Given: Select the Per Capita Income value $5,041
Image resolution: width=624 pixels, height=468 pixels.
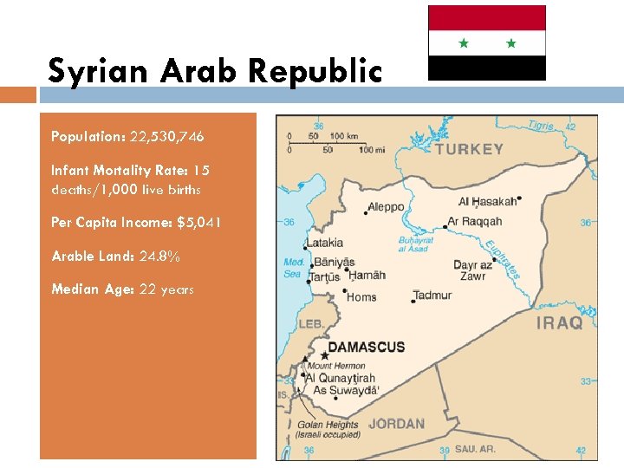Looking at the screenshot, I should pyautogui.click(x=198, y=223).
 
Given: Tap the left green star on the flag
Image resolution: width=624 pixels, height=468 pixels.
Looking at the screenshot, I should pyautogui.click(x=463, y=42).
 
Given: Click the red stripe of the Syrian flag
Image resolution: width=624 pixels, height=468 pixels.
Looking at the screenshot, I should pyautogui.click(x=486, y=18).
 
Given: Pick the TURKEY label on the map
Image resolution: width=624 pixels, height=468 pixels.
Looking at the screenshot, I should pyautogui.click(x=469, y=149).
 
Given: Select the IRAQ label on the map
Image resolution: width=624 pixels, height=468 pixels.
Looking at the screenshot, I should pyautogui.click(x=560, y=323).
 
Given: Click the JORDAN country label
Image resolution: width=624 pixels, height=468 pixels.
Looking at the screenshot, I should pyautogui.click(x=396, y=424).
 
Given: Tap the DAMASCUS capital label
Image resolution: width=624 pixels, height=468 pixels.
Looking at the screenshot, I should pyautogui.click(x=366, y=347).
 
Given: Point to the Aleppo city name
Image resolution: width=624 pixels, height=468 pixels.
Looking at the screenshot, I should pyautogui.click(x=386, y=207).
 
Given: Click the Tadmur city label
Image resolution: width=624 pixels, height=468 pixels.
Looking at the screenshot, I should pyautogui.click(x=432, y=296).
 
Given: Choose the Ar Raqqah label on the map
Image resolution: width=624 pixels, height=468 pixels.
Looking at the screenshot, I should pyautogui.click(x=474, y=222).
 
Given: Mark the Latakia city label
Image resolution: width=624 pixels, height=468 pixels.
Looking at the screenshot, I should pyautogui.click(x=324, y=243).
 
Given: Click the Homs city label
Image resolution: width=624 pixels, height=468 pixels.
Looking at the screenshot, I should pyautogui.click(x=361, y=297).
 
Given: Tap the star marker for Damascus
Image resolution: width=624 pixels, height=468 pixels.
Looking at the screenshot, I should pyautogui.click(x=325, y=355).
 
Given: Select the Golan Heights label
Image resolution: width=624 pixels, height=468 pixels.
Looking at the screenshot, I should pyautogui.click(x=328, y=425).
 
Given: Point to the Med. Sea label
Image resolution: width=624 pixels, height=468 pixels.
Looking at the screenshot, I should pyautogui.click(x=293, y=268).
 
